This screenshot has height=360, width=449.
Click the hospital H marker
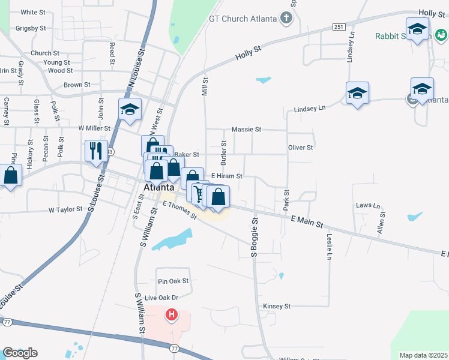click(x=172, y=314)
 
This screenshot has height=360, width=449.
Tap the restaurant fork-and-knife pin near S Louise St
click(x=96, y=151)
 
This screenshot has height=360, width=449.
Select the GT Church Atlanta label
click(x=242, y=18)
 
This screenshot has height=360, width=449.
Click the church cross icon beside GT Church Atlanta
click(x=286, y=18)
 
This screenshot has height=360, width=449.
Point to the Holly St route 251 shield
click(x=339, y=28)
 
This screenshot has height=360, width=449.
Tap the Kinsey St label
click(x=277, y=306)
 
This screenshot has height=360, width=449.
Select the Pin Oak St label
click(x=173, y=281)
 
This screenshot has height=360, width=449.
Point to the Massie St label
click(x=247, y=130)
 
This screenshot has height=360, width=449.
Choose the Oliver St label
click(x=301, y=148)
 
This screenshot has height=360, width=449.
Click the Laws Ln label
click(x=369, y=205)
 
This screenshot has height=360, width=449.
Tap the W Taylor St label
click(x=65, y=210)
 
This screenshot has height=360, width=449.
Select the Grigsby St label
click(x=31, y=28)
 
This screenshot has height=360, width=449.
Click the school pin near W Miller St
click(x=130, y=110)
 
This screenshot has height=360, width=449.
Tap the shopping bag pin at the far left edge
click(x=11, y=175)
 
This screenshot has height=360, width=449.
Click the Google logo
click(x=20, y=353)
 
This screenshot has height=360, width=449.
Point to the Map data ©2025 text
click(x=423, y=355)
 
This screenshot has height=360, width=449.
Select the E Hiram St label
click(x=226, y=176)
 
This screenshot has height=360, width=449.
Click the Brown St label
click(x=77, y=85)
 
